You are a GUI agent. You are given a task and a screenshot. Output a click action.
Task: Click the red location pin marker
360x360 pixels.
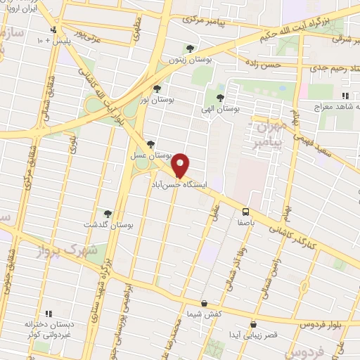[x=181, y=165]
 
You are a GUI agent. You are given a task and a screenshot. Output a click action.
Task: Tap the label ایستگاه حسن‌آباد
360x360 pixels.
[x=183, y=183]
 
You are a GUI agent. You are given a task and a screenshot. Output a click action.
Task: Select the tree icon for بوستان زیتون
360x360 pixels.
[x=189, y=49]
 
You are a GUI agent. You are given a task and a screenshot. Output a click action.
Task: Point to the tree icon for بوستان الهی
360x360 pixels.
[x=220, y=98]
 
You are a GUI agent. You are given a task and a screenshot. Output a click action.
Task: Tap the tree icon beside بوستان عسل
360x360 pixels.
[x=150, y=143]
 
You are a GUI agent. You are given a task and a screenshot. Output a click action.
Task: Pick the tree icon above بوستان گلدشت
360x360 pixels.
[x=108, y=214]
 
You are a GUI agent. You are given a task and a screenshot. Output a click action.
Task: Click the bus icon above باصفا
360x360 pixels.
[x=246, y=212]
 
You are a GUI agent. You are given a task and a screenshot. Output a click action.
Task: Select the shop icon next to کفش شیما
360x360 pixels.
[x=204, y=303]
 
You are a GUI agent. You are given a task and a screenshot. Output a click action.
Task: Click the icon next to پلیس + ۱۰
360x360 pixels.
[x=55, y=30]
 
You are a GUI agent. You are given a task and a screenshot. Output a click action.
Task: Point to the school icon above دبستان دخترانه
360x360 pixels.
[x=48, y=314]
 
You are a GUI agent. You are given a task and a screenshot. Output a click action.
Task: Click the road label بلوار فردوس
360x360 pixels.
[x=304, y=324]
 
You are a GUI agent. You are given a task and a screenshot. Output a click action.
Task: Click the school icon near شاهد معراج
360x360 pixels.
[x=345, y=96]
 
